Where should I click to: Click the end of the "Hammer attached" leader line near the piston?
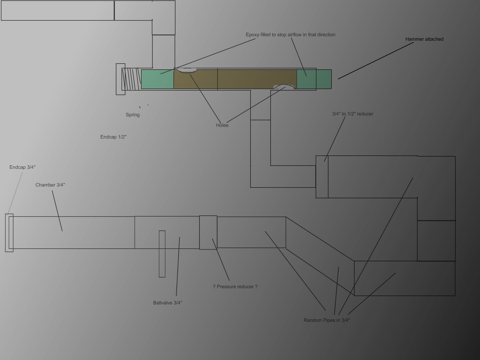click(x=338, y=79)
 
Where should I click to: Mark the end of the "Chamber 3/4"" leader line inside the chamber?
click(x=62, y=231)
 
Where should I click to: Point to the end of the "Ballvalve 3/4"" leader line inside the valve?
click(x=179, y=237)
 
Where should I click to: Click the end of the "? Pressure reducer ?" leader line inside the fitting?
click(x=212, y=239)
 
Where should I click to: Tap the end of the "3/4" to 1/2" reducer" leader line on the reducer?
click(x=324, y=161)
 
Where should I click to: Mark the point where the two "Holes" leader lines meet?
click(x=221, y=123)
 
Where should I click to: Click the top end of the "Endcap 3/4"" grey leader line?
click(x=22, y=172)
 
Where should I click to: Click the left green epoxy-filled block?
click(x=157, y=79)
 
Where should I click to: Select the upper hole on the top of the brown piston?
click(x=187, y=70)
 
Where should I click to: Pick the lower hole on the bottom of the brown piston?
click(x=284, y=87)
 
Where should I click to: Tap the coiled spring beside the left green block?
click(x=131, y=79)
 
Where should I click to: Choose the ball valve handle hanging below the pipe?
click(x=162, y=254)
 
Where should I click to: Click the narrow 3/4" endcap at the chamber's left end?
click(x=9, y=233)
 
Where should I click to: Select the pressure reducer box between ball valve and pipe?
click(x=208, y=232)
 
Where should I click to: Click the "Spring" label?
click(x=133, y=115)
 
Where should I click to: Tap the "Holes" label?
click(x=222, y=125)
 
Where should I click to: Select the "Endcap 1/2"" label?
click(x=113, y=137)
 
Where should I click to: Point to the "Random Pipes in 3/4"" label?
click(x=327, y=320)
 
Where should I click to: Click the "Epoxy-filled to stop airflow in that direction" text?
click(x=290, y=35)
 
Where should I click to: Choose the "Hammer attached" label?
click(x=424, y=39)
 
